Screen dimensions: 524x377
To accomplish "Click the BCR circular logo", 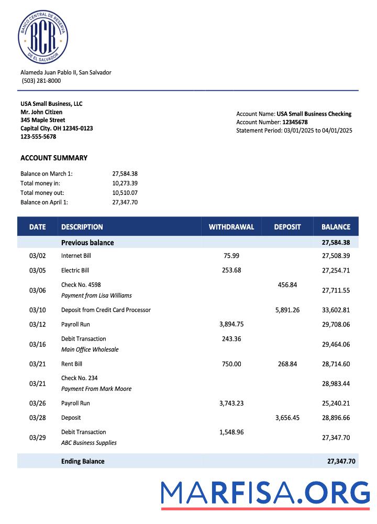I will point(43,37).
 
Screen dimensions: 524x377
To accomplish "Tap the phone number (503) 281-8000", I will point(41,81).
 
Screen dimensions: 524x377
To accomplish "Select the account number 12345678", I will point(295,122).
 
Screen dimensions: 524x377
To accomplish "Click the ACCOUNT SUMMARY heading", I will point(54,158).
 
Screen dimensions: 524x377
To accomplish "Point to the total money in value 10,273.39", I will point(125,183).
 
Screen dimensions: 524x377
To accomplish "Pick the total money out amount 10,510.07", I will point(125,193).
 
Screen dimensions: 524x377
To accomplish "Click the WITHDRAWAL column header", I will point(231,227).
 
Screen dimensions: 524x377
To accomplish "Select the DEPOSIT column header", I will point(287,227).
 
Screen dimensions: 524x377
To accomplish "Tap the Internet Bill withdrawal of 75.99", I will point(231,256).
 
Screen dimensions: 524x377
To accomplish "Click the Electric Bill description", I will point(75,270).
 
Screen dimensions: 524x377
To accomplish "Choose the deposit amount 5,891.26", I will point(287,310).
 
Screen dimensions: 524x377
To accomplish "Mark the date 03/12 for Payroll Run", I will point(37,324).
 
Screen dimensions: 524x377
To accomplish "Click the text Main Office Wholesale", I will point(90,350).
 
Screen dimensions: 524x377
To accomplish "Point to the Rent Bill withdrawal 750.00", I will point(231,364).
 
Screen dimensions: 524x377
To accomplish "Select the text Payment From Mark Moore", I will point(96,389).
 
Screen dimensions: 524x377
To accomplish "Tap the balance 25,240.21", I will point(336,403).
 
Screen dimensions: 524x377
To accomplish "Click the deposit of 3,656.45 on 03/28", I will point(287,418).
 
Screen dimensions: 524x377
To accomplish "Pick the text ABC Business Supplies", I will point(89,443).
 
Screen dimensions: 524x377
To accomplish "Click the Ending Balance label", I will point(83,461).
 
